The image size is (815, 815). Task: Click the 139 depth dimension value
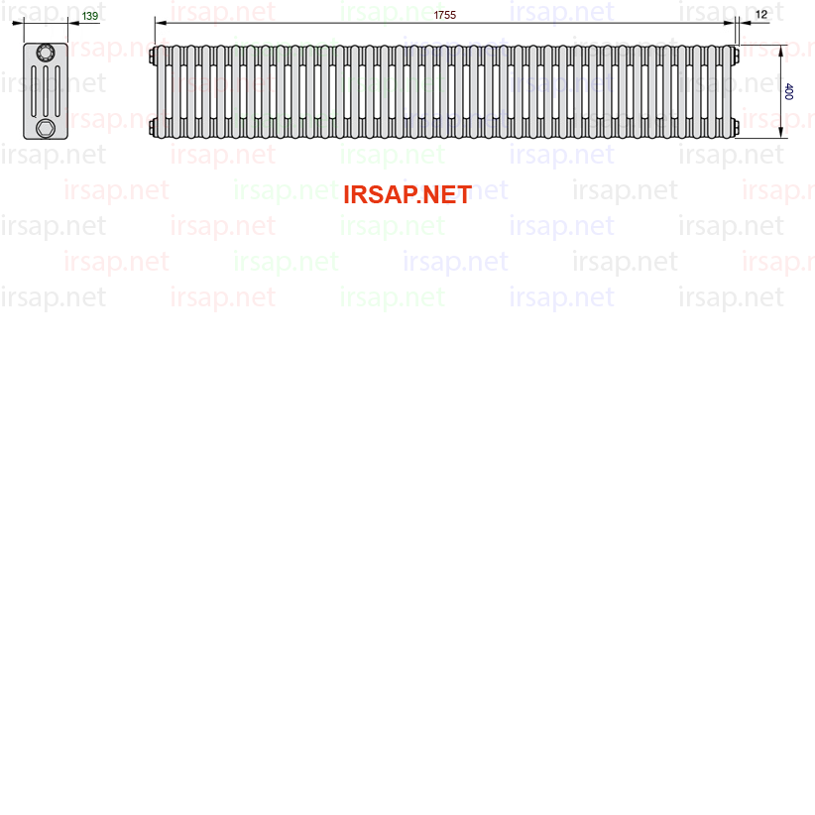click(x=90, y=16)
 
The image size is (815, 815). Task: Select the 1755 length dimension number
click(x=445, y=15)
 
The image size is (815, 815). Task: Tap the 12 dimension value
click(x=761, y=15)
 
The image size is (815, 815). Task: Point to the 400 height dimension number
click(x=788, y=91)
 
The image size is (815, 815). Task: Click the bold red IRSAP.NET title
click(x=407, y=195)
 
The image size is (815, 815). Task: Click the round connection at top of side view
click(x=46, y=53)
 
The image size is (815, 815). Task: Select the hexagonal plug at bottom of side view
click(x=46, y=128)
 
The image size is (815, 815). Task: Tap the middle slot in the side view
click(x=46, y=91)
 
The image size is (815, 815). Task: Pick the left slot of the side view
click(x=35, y=91)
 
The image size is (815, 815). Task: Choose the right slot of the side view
click(x=58, y=91)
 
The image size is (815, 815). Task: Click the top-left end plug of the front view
click(x=153, y=56)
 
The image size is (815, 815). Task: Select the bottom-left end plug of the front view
click(x=153, y=127)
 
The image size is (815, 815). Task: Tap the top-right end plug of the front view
click(x=737, y=56)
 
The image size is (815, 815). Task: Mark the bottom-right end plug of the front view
click(x=737, y=127)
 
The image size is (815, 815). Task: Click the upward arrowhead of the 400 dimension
click(x=780, y=51)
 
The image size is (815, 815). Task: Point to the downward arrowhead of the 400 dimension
click(x=780, y=133)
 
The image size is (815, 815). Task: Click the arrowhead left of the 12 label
click(x=745, y=23)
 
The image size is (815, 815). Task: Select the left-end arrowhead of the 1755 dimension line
click(x=161, y=23)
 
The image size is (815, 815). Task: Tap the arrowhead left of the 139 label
click(x=73, y=23)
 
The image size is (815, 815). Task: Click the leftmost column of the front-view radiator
click(x=162, y=91)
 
